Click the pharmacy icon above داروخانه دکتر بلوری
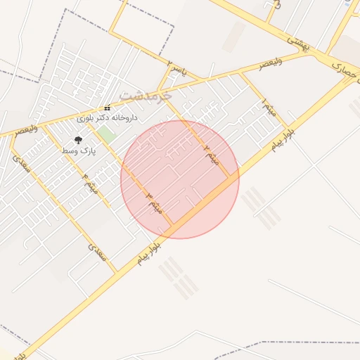point(107,108)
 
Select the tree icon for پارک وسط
point(77,139)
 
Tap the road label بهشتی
point(300,42)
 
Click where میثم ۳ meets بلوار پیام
point(172,226)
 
